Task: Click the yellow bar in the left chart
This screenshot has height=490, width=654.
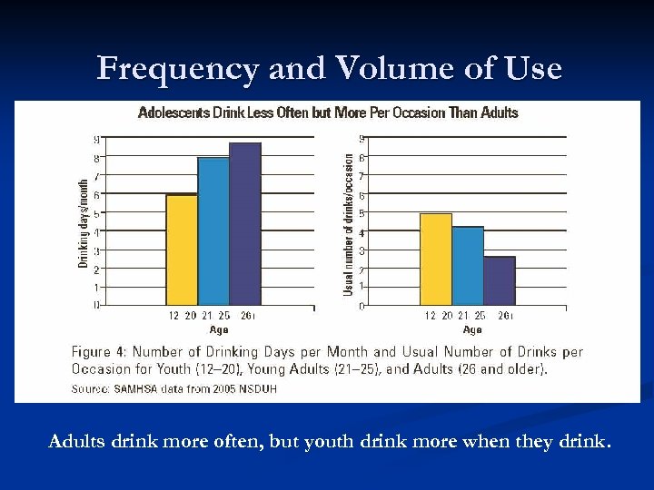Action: (182, 250)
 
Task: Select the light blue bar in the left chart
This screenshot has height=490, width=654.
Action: (213, 231)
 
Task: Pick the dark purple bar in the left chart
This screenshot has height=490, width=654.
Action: (245, 224)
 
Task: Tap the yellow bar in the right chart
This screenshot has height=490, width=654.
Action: (436, 260)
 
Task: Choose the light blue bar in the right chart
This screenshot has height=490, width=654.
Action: (468, 266)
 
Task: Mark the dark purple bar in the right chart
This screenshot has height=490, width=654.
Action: (500, 280)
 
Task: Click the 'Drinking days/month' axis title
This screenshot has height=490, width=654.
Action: (84, 222)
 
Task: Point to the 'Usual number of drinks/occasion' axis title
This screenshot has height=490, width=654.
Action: (348, 222)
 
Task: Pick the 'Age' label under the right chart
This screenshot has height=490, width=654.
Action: (472, 329)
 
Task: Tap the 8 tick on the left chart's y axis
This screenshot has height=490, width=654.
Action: (97, 158)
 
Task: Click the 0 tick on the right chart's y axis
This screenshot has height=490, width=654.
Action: (362, 306)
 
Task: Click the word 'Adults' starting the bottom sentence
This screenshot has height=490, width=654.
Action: (76, 443)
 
